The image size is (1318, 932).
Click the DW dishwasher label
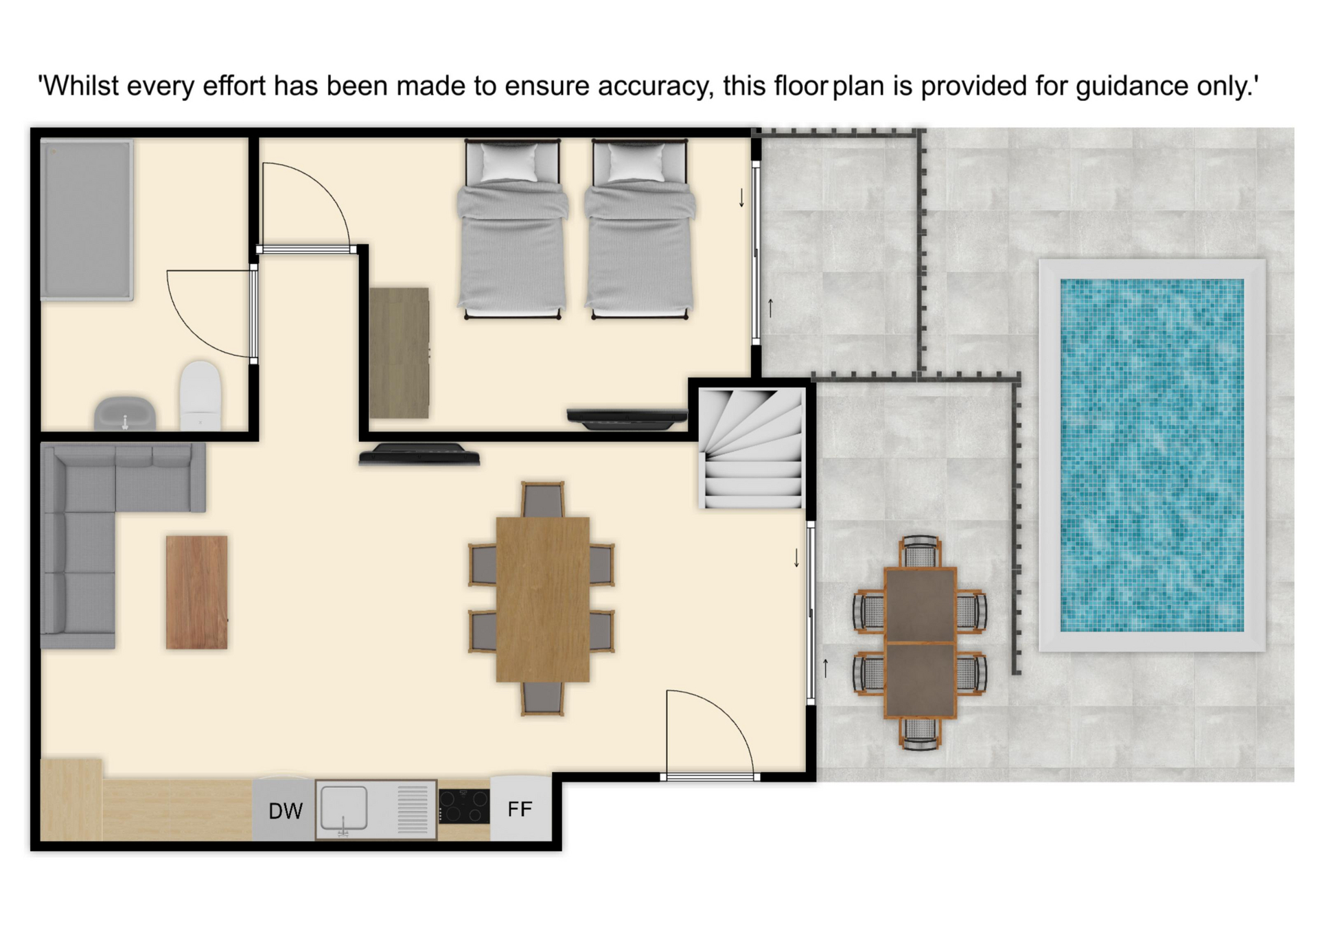(x=285, y=811)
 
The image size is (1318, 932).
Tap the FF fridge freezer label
(x=520, y=809)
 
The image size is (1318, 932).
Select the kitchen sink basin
(x=344, y=808)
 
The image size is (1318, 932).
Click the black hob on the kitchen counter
(x=464, y=806)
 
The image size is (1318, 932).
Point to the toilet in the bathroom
(x=200, y=396)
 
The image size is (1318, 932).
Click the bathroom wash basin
(x=125, y=413)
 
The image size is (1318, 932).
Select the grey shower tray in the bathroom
(x=87, y=220)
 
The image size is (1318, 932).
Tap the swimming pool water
(x=1152, y=454)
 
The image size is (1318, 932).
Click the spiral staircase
(x=752, y=448)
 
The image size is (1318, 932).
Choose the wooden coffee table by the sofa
(x=196, y=592)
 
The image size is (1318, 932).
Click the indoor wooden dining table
(x=542, y=599)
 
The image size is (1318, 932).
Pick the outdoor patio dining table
(x=920, y=642)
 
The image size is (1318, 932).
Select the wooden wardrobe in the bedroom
(x=399, y=353)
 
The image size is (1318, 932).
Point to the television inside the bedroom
(x=627, y=418)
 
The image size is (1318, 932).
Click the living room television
(x=419, y=454)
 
